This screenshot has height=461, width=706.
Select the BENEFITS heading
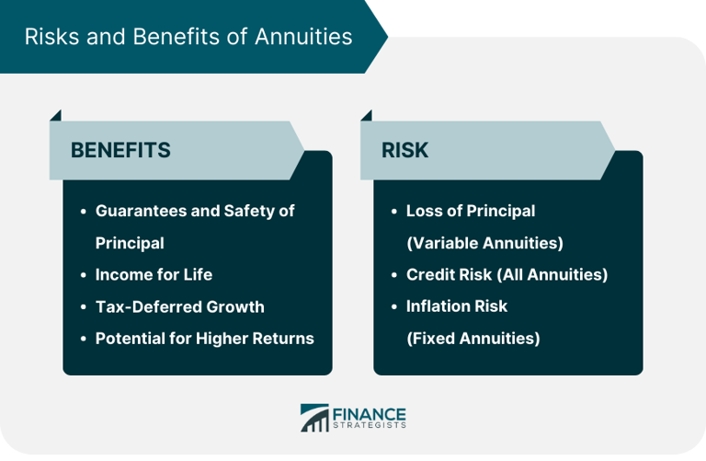click(120, 150)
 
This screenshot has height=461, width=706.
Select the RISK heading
click(405, 150)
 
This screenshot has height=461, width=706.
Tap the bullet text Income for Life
click(154, 274)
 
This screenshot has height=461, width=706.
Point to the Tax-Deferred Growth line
click(179, 306)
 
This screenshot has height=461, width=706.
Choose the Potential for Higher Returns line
click(204, 338)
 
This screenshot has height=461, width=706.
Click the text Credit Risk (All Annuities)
click(507, 274)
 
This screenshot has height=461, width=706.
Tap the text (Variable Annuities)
click(484, 243)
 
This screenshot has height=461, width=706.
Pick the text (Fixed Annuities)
click(473, 338)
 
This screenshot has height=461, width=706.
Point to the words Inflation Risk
click(456, 305)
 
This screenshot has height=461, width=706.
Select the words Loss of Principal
click(470, 211)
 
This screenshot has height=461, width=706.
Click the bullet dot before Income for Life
click(84, 275)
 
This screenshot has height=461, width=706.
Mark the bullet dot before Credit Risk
click(394, 275)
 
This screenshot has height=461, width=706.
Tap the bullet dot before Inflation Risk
click(394, 306)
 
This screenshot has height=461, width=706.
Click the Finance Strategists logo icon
click(314, 417)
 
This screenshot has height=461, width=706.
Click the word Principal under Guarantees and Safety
click(130, 243)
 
